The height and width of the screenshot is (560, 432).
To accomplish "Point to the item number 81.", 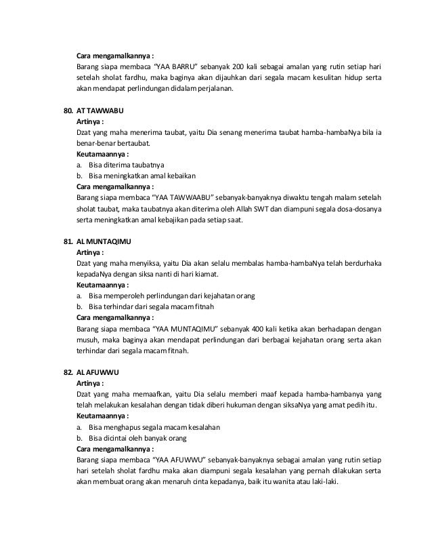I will (67, 241).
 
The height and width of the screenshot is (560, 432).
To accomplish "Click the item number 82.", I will (67, 373).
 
